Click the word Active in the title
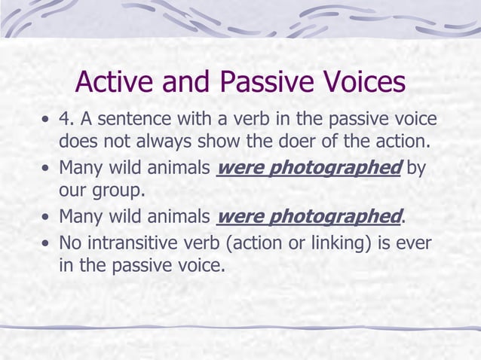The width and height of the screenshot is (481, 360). tap(115, 82)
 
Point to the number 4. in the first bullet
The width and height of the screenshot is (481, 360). tap(68, 121)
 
